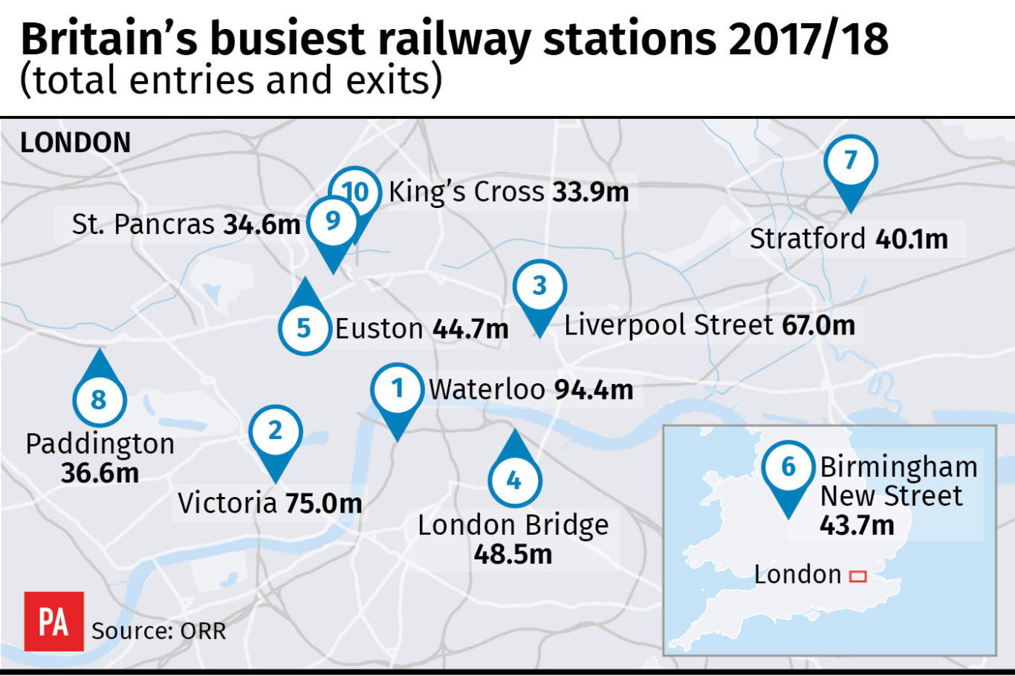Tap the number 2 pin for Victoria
click(276, 431)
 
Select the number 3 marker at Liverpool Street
click(540, 286)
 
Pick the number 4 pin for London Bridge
click(514, 480)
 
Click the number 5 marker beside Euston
click(304, 328)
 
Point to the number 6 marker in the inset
click(788, 467)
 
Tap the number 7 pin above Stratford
click(851, 160)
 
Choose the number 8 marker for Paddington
click(99, 400)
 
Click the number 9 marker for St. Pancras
click(332, 221)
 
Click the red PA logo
click(53, 622)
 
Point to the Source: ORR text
click(158, 631)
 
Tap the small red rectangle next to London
click(858, 576)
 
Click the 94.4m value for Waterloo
click(594, 389)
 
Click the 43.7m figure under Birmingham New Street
click(857, 525)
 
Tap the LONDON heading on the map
click(75, 143)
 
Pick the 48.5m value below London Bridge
click(513, 554)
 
